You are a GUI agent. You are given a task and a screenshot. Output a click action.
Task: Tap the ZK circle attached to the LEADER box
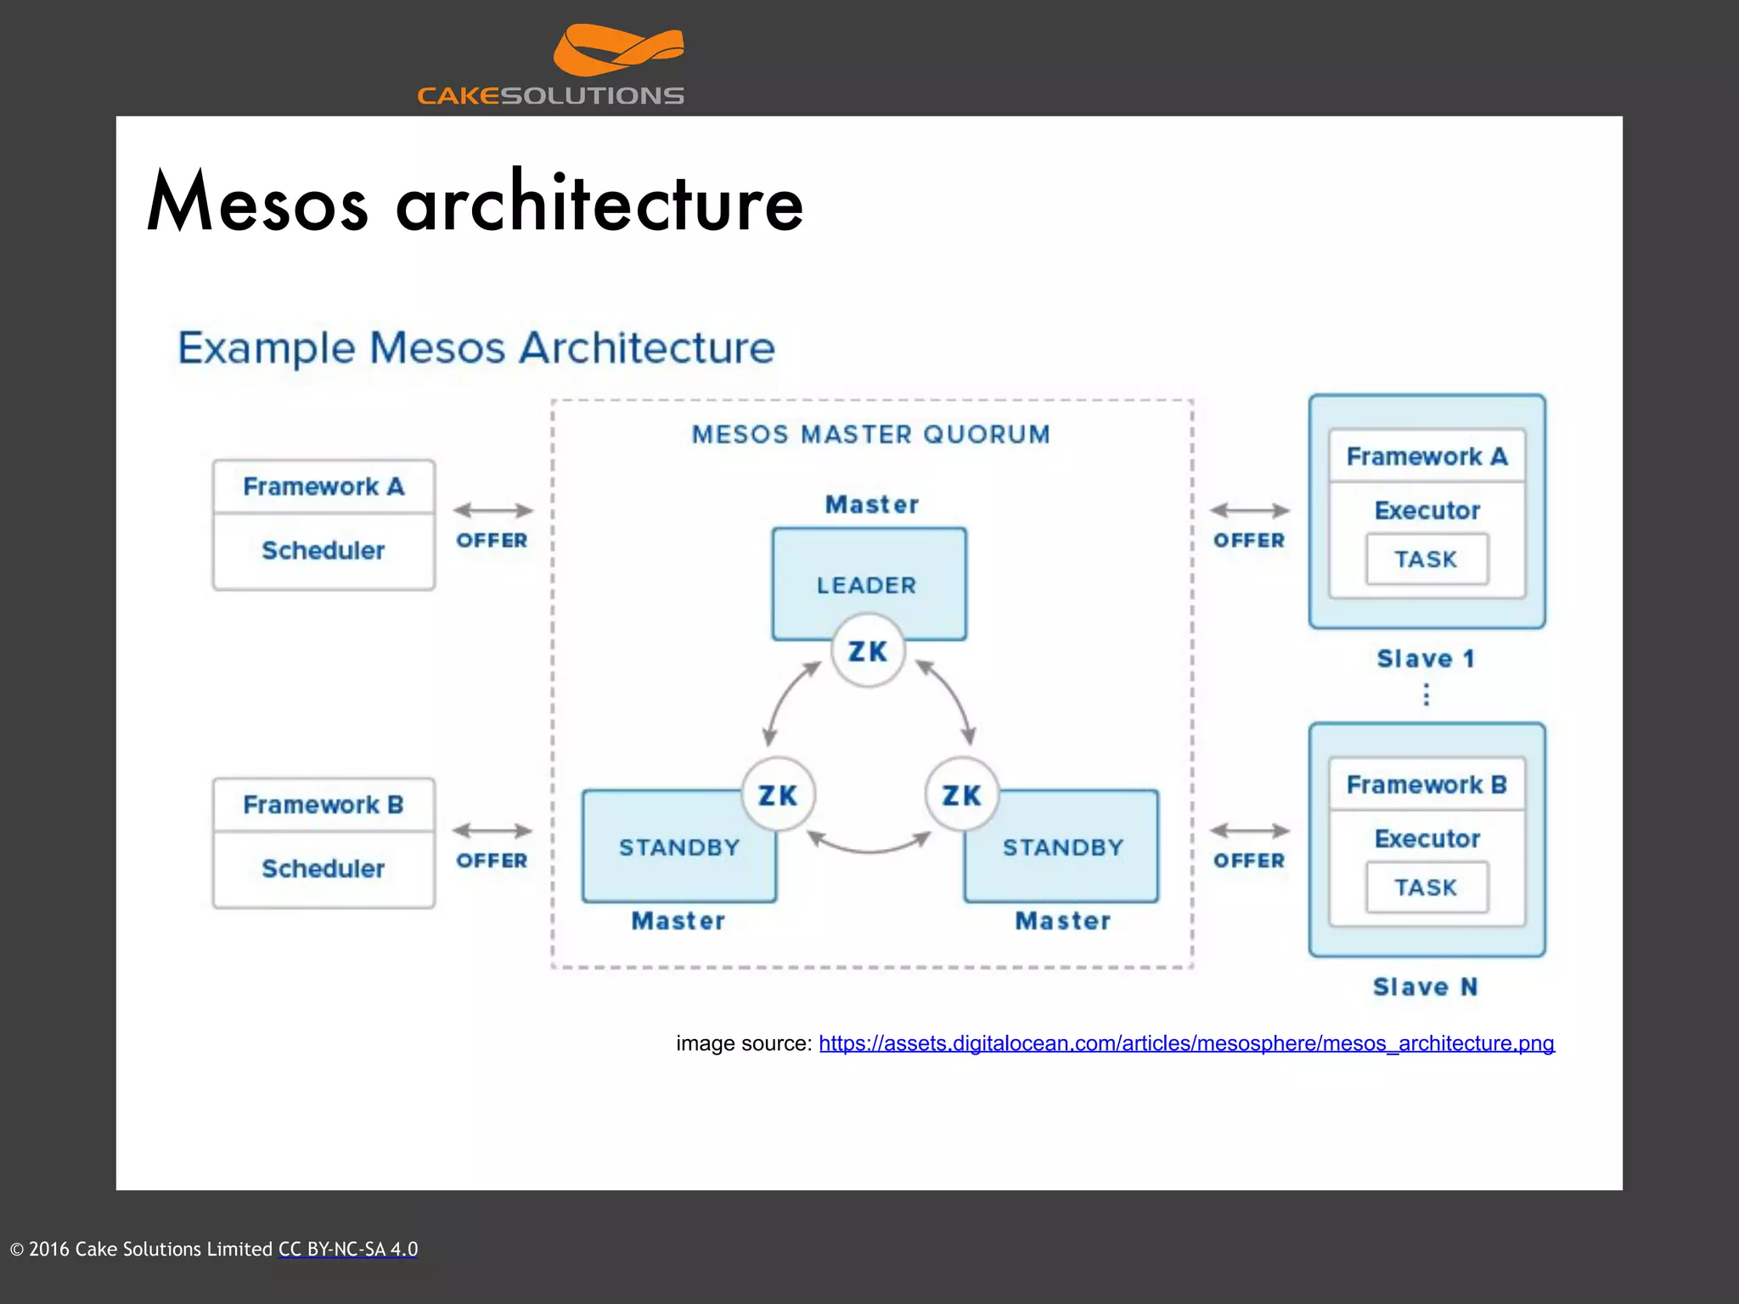(x=868, y=651)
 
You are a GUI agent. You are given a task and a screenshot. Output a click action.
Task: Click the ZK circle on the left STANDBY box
(x=778, y=795)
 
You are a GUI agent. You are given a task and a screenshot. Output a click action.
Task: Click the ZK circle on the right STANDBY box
(x=961, y=795)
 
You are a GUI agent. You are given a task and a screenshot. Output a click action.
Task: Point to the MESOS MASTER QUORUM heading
(x=871, y=435)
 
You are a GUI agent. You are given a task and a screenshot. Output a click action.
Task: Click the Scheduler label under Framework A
(x=324, y=551)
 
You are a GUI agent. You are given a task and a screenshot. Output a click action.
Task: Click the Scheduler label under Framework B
(x=324, y=868)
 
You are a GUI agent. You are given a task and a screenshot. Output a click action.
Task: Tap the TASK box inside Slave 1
(x=1427, y=559)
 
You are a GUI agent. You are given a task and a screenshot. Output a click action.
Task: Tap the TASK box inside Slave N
(x=1427, y=887)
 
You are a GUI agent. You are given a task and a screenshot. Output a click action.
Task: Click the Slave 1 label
(x=1426, y=659)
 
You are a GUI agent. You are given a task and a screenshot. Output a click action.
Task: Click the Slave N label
(x=1426, y=986)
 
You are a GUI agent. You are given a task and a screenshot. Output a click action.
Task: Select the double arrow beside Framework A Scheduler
(x=492, y=510)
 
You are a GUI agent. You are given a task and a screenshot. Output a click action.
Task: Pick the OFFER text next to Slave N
(x=1249, y=861)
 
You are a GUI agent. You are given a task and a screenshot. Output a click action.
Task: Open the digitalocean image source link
(x=1186, y=1043)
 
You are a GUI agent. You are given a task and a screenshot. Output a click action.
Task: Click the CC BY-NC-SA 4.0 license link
(x=348, y=1250)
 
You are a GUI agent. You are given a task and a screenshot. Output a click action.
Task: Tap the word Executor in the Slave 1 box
(x=1427, y=510)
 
